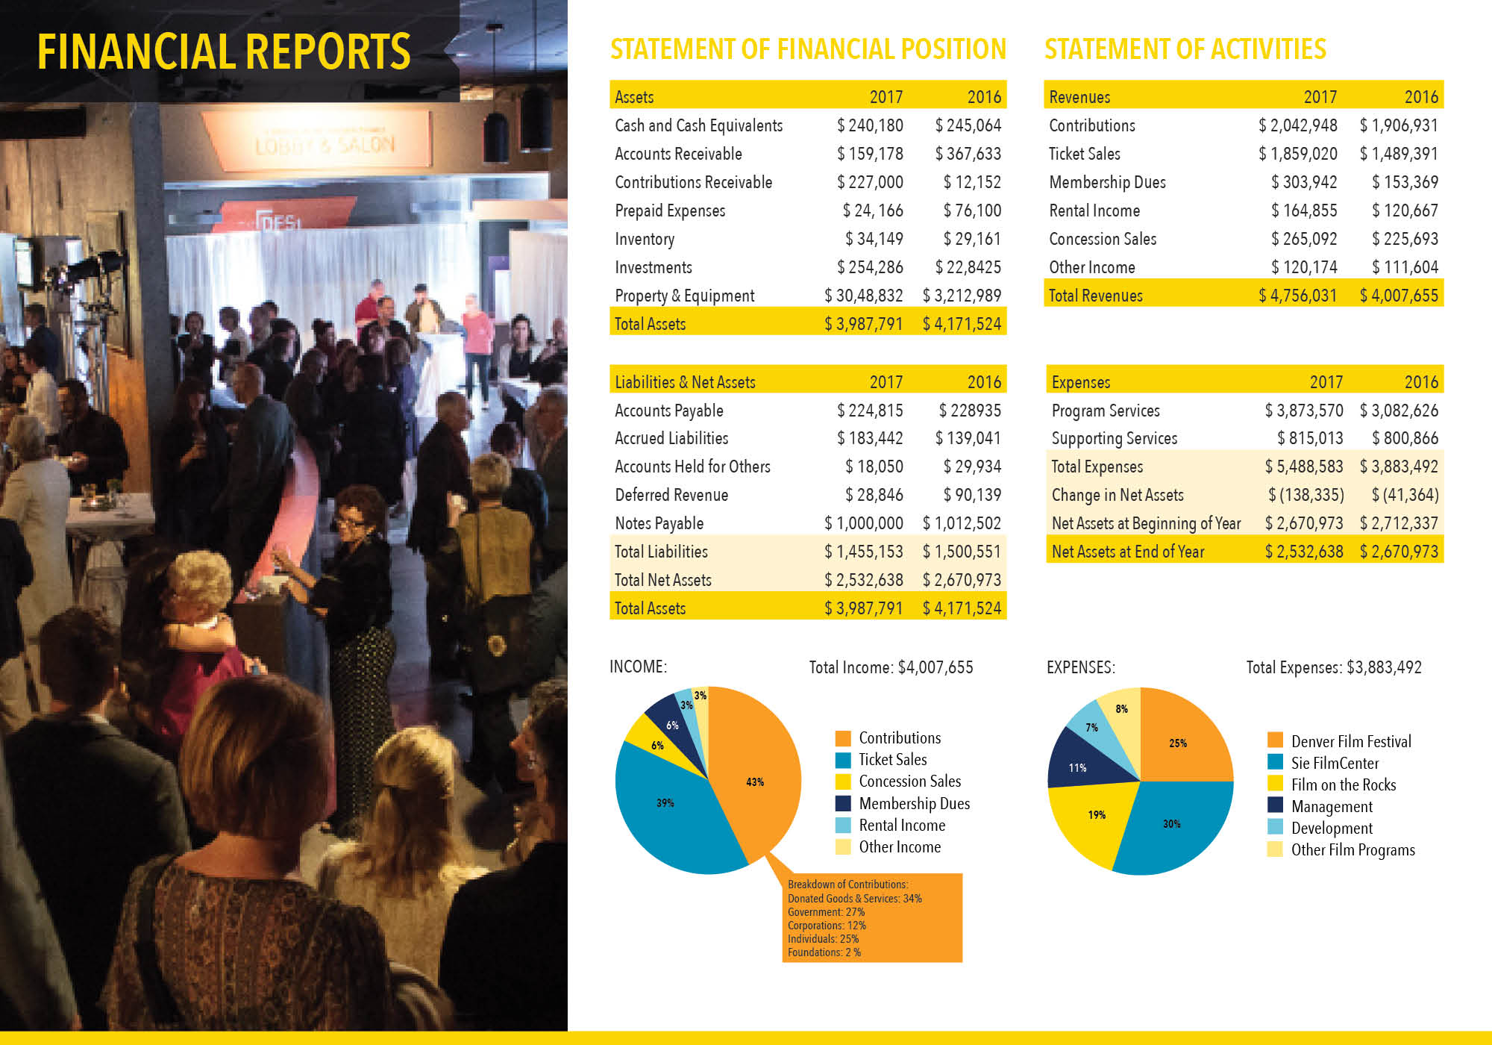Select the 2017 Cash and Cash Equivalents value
pyautogui.click(x=870, y=125)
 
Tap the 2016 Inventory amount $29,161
pyautogui.click(x=972, y=239)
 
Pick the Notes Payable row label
pyautogui.click(x=659, y=523)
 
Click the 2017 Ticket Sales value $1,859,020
pyautogui.click(x=1298, y=154)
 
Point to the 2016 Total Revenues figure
pyautogui.click(x=1399, y=296)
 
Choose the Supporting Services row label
pyautogui.click(x=1115, y=438)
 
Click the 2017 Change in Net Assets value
pyautogui.click(x=1306, y=495)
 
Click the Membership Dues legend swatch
pyautogui.click(x=843, y=803)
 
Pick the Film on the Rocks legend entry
pyautogui.click(x=1343, y=784)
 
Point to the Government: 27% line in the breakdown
pyautogui.click(x=826, y=912)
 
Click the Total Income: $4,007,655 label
pyautogui.click(x=891, y=667)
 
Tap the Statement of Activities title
pyautogui.click(x=1185, y=49)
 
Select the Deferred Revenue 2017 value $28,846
pyautogui.click(x=874, y=495)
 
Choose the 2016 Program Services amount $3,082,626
pyautogui.click(x=1399, y=411)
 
